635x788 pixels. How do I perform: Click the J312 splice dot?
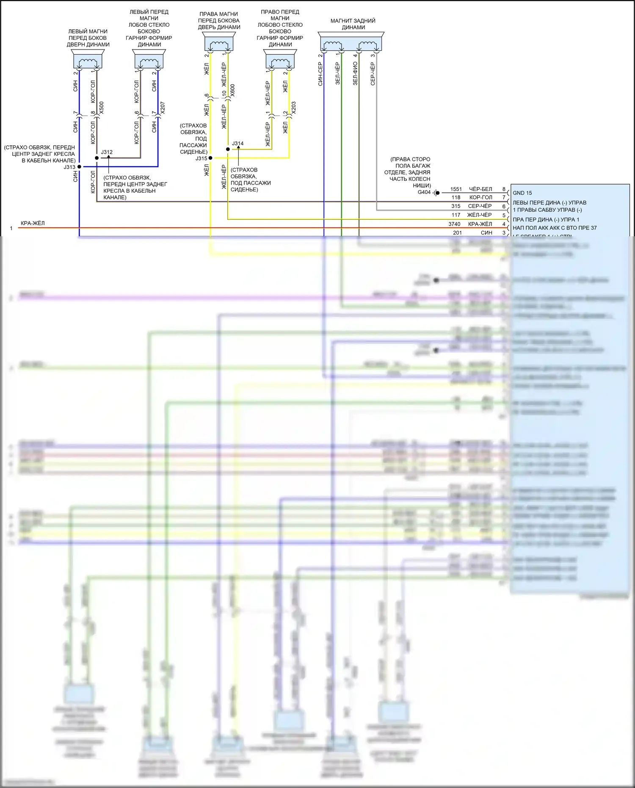pos(97,158)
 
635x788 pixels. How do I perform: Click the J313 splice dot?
pos(79,167)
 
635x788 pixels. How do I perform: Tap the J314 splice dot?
pos(228,149)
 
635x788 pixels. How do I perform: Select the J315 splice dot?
pos(210,158)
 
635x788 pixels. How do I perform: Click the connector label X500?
pos(102,108)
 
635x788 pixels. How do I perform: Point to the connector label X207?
pos(163,108)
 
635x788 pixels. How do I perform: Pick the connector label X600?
pos(232,90)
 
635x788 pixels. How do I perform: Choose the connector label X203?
pos(294,108)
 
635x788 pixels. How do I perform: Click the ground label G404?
pos(424,192)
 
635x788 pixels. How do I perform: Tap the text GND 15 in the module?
pos(522,193)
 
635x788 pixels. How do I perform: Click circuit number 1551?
pos(456,189)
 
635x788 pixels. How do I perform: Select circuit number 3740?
pos(454,224)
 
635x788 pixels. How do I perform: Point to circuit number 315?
pos(456,206)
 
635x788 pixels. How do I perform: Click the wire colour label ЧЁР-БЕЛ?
pos(480,189)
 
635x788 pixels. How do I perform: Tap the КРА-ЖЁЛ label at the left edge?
pos(33,223)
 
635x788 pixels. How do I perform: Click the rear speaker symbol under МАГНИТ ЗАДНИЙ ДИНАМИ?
pos(351,44)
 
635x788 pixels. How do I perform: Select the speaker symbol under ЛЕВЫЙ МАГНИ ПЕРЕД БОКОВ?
pos(88,61)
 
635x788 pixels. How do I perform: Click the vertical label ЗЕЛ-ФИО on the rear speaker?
pos(355,74)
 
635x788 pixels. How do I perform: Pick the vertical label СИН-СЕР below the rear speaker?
pos(320,75)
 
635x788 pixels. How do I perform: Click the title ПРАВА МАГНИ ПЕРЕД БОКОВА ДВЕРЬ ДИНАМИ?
pos(219,20)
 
